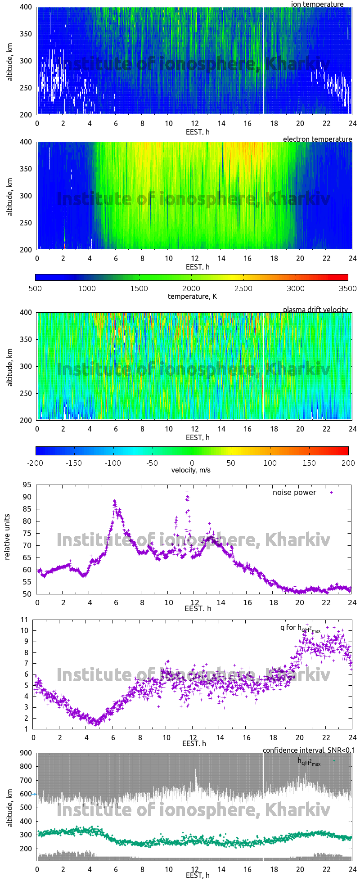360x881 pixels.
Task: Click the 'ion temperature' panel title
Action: tap(317, 4)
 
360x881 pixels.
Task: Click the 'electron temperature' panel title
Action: tap(317, 139)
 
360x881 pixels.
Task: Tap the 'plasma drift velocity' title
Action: tap(315, 310)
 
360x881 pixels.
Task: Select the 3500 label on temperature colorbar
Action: tap(347, 288)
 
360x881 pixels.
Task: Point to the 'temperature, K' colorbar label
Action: tap(192, 296)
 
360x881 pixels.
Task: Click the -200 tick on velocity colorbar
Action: tap(36, 463)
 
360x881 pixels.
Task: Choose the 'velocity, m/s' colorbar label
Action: tap(191, 470)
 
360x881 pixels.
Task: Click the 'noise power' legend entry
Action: tap(294, 492)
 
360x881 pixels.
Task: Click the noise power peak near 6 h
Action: tap(115, 500)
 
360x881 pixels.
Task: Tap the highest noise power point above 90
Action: tap(187, 491)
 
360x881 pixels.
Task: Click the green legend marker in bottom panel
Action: tap(333, 760)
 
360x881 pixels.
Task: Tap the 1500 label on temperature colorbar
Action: tap(139, 288)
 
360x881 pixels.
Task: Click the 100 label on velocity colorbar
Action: tap(270, 463)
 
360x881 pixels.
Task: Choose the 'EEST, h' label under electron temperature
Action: tap(198, 267)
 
